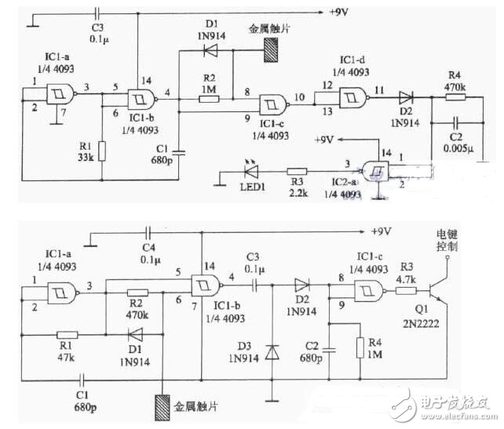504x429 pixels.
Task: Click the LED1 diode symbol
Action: [250, 170]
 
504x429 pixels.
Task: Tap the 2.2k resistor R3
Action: [296, 169]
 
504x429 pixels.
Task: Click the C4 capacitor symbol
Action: [149, 232]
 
